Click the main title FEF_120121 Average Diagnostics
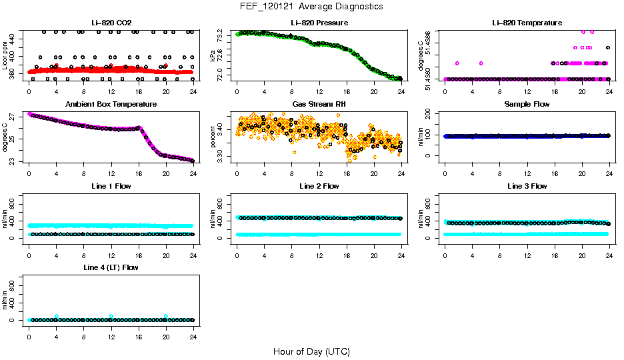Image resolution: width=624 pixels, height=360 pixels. [x=311, y=7]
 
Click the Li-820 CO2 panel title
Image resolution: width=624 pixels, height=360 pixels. [x=111, y=23]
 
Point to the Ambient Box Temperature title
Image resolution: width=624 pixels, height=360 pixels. [x=111, y=105]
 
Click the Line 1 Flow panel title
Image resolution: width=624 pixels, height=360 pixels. [x=111, y=186]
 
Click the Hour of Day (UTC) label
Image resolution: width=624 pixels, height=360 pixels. [x=311, y=351]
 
